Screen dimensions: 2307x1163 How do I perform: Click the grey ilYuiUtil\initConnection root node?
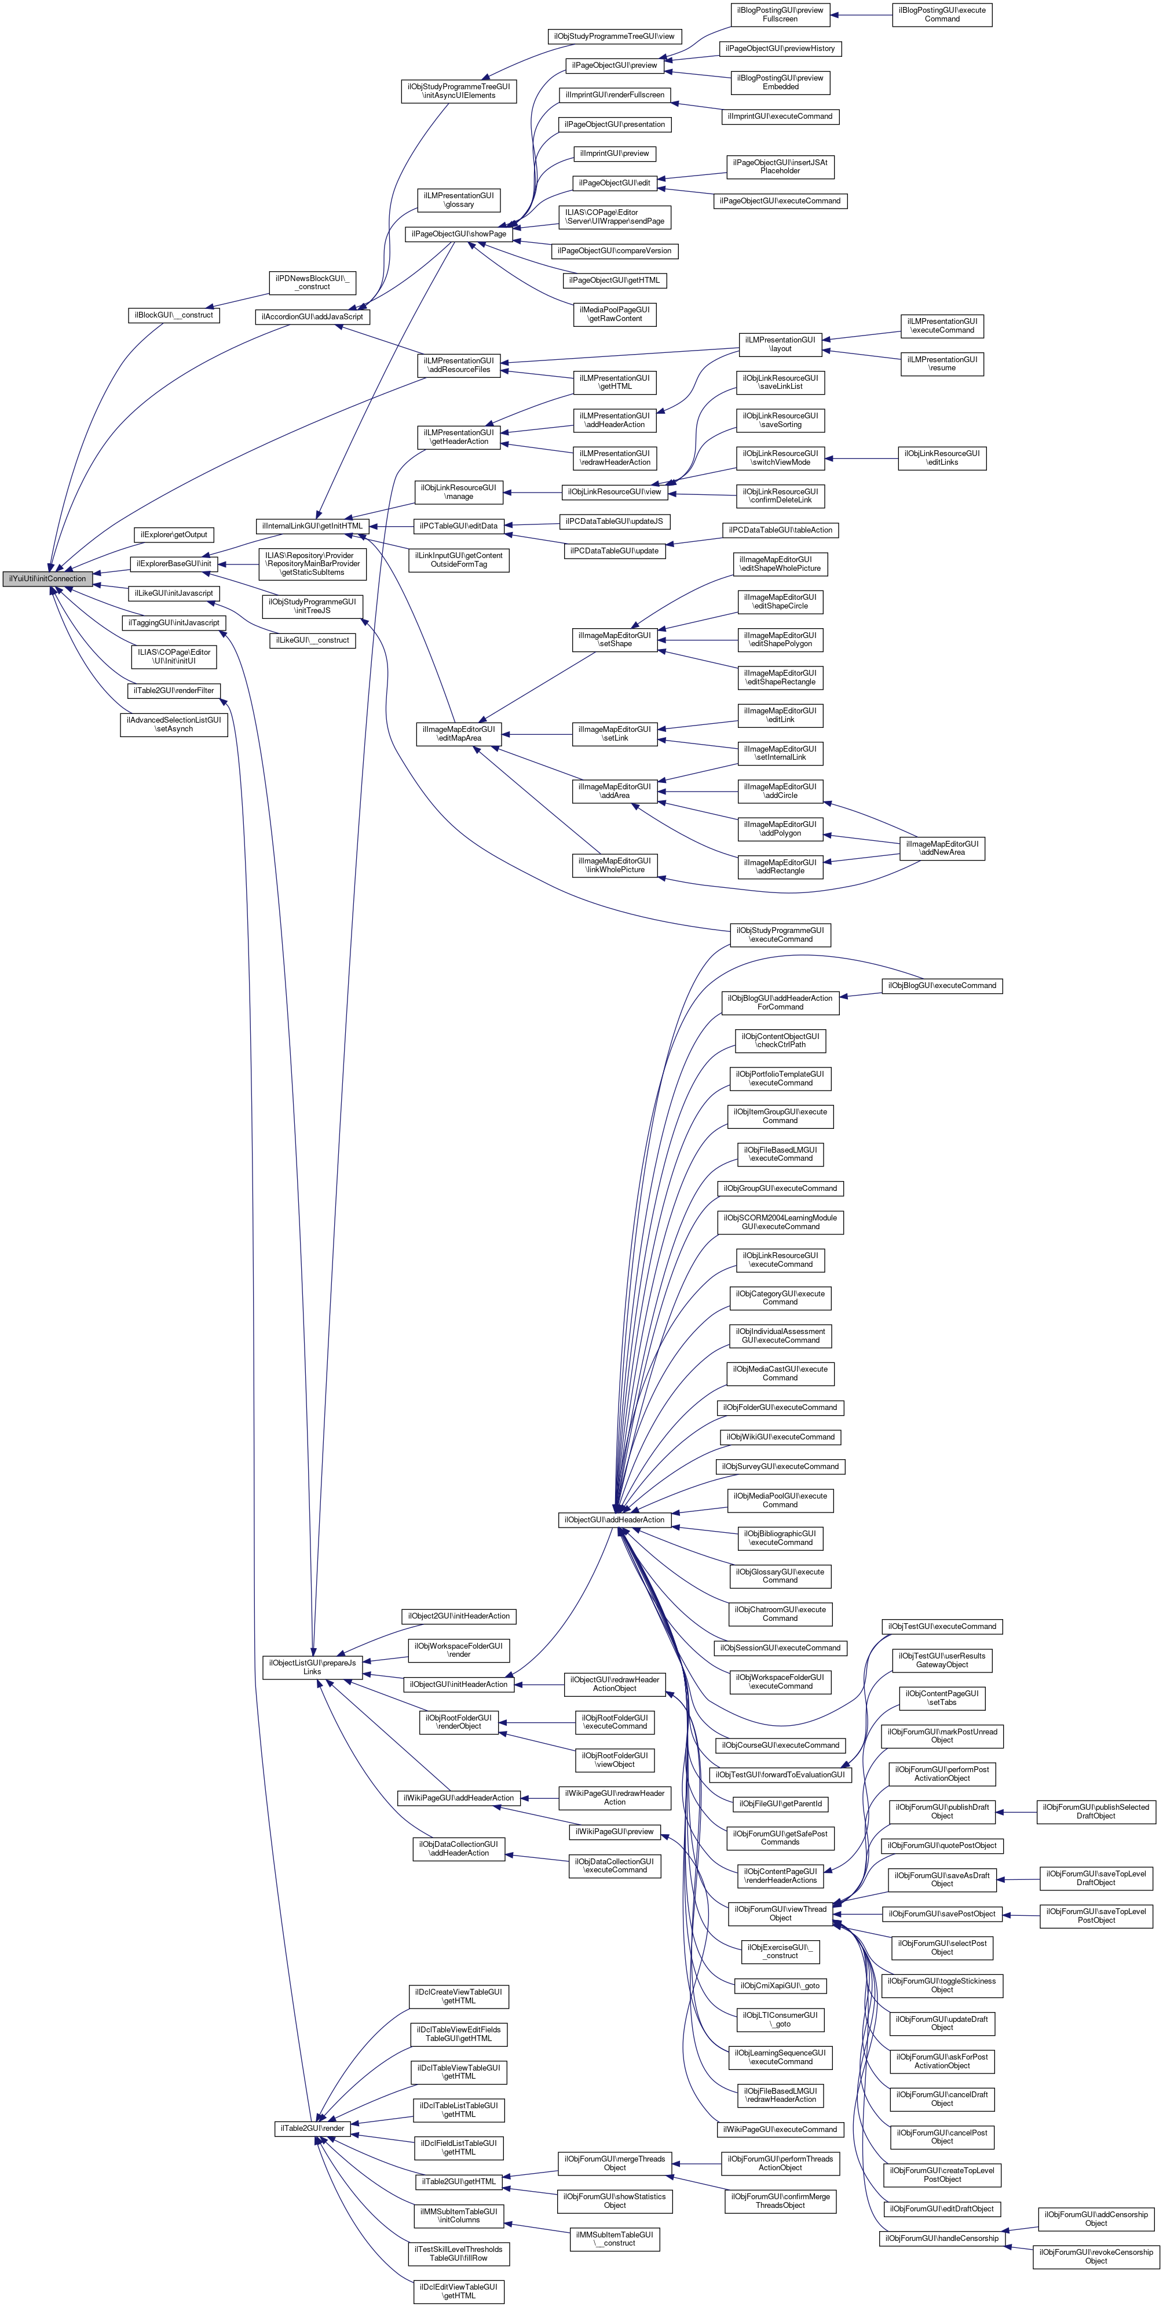point(47,578)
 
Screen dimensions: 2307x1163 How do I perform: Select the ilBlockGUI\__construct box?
point(174,315)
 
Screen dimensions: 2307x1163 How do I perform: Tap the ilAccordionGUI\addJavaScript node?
point(312,317)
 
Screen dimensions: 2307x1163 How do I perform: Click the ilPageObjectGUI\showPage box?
point(459,234)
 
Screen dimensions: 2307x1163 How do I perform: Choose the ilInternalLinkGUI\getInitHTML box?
point(312,526)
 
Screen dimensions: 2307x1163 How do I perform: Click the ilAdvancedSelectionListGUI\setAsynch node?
point(174,724)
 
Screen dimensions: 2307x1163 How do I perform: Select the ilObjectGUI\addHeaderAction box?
point(614,1520)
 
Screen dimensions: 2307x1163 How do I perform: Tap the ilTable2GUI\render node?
point(312,2128)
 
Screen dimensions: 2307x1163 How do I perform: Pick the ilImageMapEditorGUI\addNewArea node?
point(942,848)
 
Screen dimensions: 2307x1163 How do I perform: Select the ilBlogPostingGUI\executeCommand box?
point(942,14)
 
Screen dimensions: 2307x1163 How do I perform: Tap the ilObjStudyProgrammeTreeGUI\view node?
point(614,37)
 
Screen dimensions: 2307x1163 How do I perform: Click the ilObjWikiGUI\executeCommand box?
point(780,1437)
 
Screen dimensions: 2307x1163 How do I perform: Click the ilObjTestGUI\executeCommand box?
point(942,1626)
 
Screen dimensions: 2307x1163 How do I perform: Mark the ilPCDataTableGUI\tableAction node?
point(780,530)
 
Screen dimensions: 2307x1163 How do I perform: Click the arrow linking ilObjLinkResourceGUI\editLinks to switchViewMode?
point(861,458)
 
